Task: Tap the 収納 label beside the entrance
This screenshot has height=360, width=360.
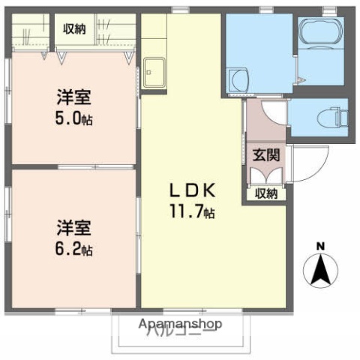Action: coord(265,193)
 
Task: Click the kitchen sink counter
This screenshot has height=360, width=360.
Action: coord(154,73)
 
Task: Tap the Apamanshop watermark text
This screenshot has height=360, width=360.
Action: coord(180,324)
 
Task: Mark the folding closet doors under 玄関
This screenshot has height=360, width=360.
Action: coord(265,175)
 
